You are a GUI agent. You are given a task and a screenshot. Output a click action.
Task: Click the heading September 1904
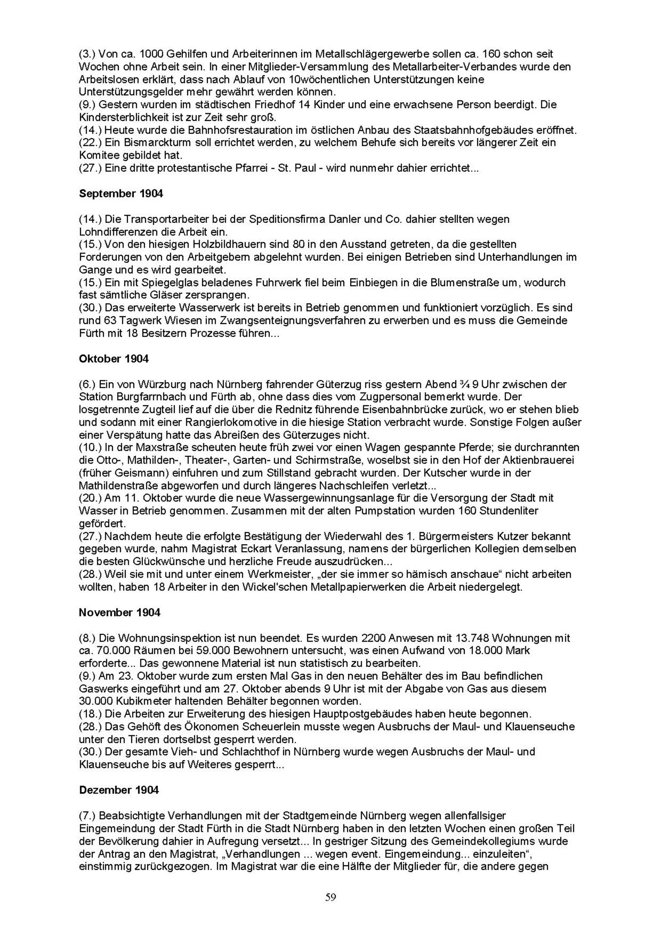point(121,194)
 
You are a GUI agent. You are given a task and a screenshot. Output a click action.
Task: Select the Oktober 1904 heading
point(114,359)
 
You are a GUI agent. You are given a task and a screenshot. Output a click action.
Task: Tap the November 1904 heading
point(119,612)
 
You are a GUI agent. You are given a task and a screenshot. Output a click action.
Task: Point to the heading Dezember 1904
point(119,790)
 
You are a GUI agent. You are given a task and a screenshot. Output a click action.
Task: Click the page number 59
point(330,897)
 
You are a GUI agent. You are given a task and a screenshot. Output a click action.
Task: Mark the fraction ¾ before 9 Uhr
point(463,384)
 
